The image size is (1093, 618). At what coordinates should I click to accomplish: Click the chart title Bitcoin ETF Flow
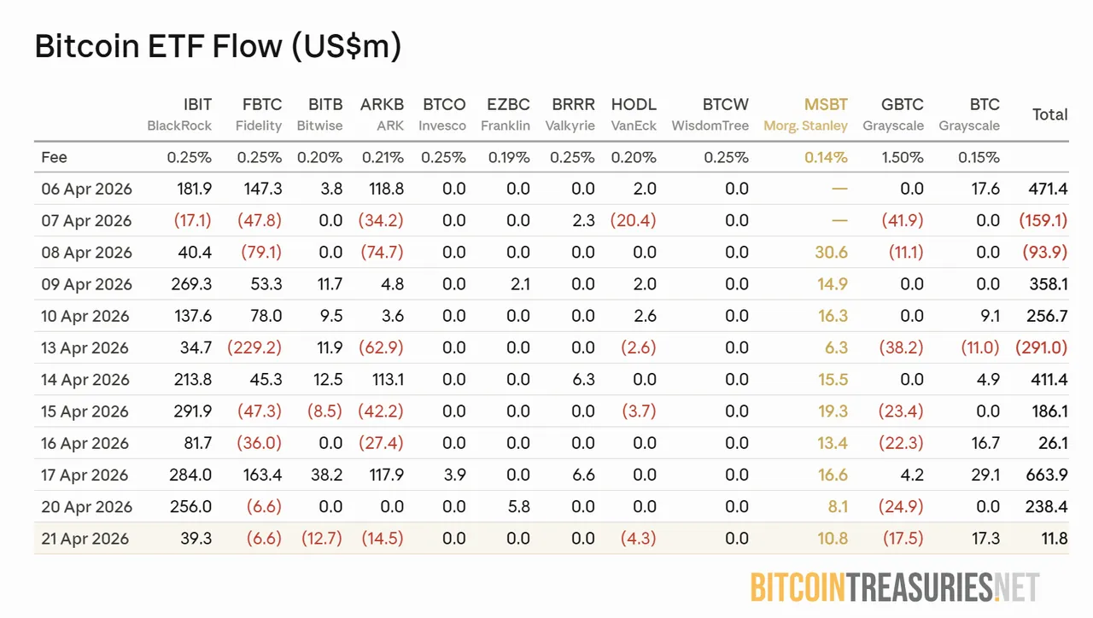click(218, 46)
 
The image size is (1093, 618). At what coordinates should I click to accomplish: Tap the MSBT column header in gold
click(826, 104)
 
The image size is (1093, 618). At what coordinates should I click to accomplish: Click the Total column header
click(1049, 114)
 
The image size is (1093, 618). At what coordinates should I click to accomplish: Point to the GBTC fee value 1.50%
click(902, 157)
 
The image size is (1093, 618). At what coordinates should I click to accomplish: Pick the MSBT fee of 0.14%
click(826, 157)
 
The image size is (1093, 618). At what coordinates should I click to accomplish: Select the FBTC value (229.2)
click(254, 348)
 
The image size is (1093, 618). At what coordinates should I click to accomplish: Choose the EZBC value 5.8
click(517, 507)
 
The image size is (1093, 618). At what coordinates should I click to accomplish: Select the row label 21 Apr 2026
click(85, 539)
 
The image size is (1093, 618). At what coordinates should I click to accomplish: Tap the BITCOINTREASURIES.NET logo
click(895, 587)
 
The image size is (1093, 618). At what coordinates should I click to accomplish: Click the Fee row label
click(54, 157)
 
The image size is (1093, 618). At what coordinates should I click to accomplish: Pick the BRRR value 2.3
click(583, 221)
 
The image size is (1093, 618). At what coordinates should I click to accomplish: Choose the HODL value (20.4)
click(634, 221)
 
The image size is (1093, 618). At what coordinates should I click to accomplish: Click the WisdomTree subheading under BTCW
click(710, 125)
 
